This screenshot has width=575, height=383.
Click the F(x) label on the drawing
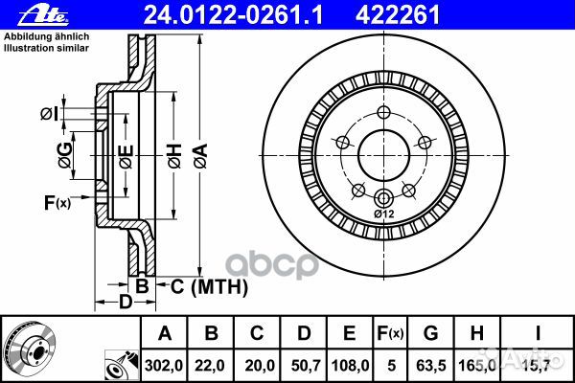click(x=57, y=202)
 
